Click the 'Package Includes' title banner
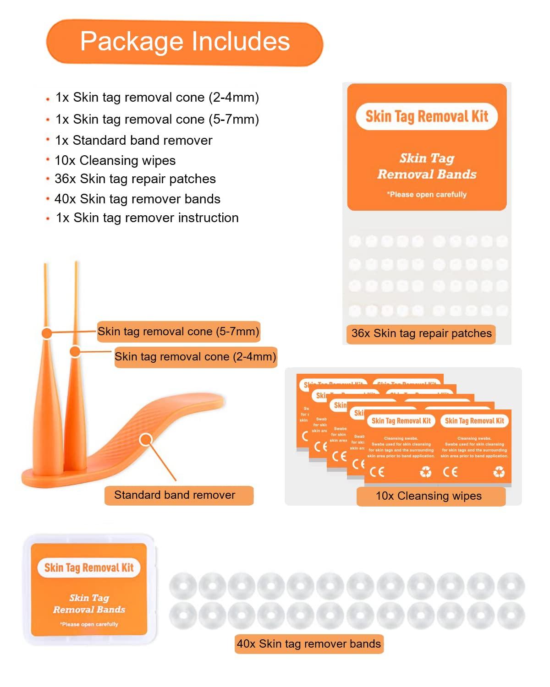pyautogui.click(x=185, y=42)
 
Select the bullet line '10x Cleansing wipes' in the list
pyautogui.click(x=115, y=160)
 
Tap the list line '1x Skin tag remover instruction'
pyautogui.click(x=147, y=218)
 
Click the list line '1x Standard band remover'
pyautogui.click(x=133, y=140)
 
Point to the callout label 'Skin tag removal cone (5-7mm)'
pyautogui.click(x=178, y=332)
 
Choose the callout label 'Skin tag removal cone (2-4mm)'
pyautogui.click(x=195, y=357)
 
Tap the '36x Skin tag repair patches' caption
pyautogui.click(x=421, y=333)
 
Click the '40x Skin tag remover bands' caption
pyautogui.click(x=308, y=644)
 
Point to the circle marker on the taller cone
pyautogui.click(x=47, y=333)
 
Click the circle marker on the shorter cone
pyautogui.click(x=75, y=352)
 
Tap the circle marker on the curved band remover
pyautogui.click(x=146, y=440)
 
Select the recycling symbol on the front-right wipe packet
pyautogui.click(x=499, y=472)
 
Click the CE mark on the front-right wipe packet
pyautogui.click(x=450, y=472)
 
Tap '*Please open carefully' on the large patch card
pyautogui.click(x=426, y=194)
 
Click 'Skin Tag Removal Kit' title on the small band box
pyautogui.click(x=89, y=568)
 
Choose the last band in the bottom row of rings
pyautogui.click(x=511, y=616)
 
